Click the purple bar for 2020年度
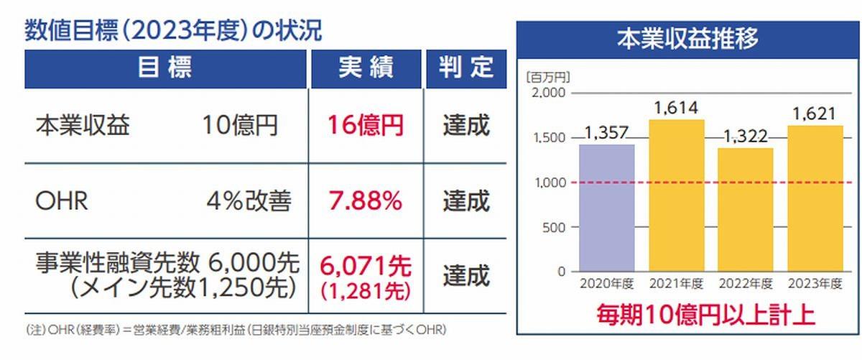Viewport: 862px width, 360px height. pos(607,208)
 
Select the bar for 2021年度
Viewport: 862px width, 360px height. pos(676,195)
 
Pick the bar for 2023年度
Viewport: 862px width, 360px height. pos(816,198)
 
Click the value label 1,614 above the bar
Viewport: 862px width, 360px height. pos(676,109)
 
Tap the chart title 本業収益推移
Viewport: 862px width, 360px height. pos(687,38)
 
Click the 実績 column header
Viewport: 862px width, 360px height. pos(366,68)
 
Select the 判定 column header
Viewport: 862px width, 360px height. pos(465,68)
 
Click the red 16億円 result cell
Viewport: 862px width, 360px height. pos(366,126)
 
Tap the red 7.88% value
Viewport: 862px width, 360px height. pos(366,201)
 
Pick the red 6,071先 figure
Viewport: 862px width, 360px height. pos(366,267)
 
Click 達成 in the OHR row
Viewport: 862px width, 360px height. pos(465,201)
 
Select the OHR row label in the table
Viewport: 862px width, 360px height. pos(62,202)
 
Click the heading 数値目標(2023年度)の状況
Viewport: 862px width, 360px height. pos(173,30)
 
